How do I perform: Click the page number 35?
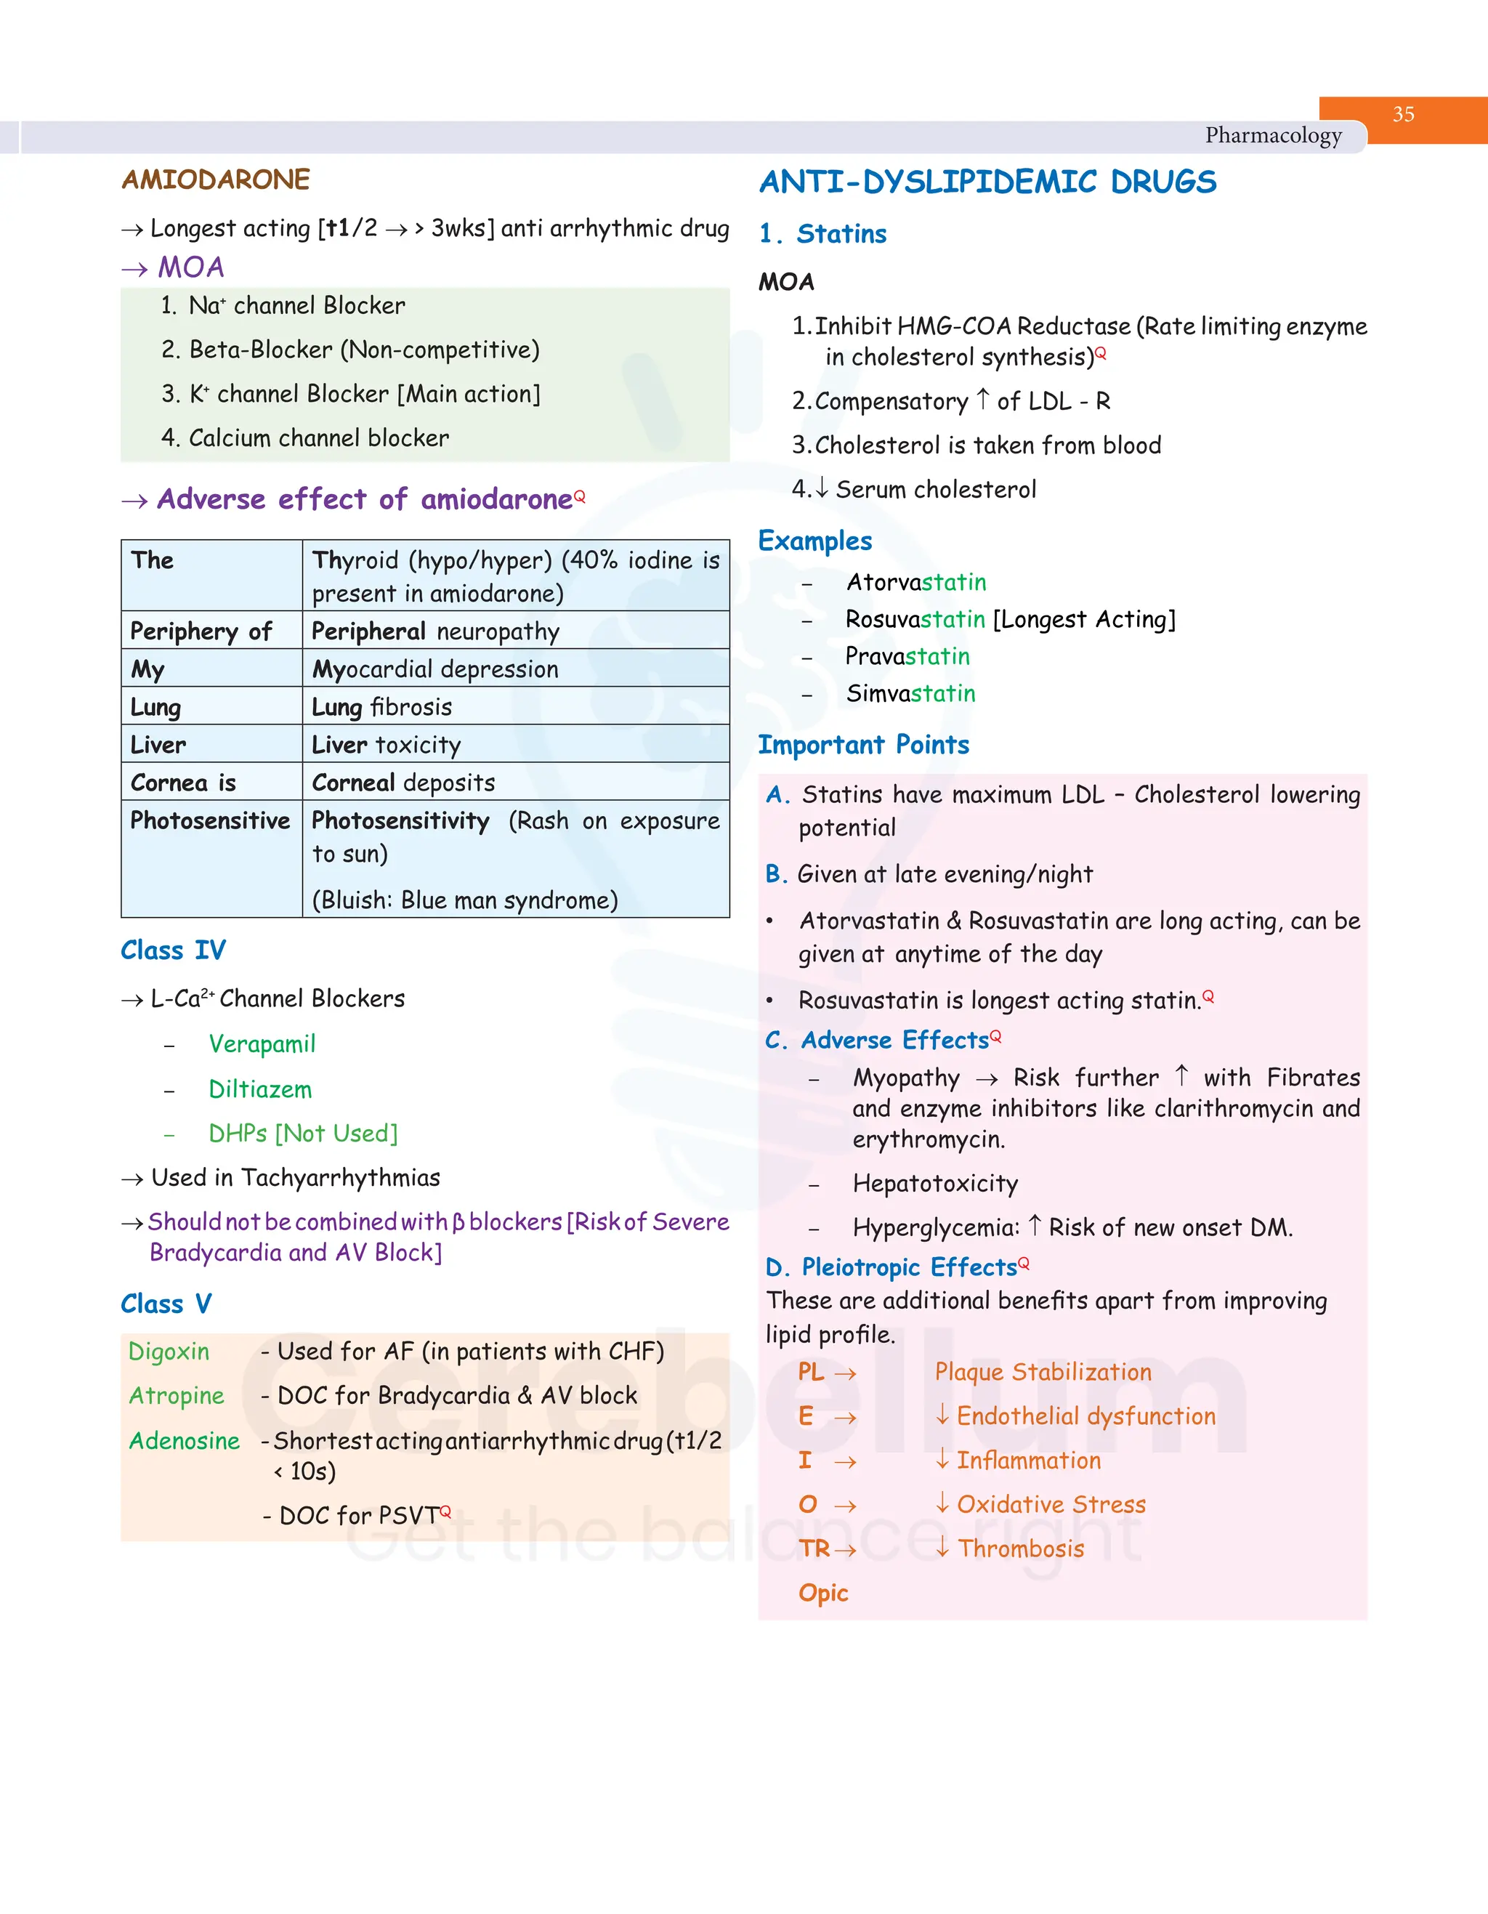(1403, 115)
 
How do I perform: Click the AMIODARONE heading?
(216, 179)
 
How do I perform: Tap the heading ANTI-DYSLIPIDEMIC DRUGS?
(987, 182)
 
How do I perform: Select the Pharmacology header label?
(1272, 136)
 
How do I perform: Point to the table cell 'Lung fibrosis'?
(382, 707)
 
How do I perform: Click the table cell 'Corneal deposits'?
(403, 783)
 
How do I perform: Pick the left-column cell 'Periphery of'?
(201, 631)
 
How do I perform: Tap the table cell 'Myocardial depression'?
(434, 669)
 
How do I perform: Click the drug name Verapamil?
(261, 1043)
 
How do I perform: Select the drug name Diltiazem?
(259, 1089)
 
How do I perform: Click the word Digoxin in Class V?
(169, 1352)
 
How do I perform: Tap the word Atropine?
(176, 1395)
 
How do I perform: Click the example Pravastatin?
(907, 656)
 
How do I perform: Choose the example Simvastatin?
(910, 693)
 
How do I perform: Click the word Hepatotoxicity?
(935, 1183)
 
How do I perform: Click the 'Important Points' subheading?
(862, 745)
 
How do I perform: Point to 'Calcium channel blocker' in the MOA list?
(318, 437)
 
